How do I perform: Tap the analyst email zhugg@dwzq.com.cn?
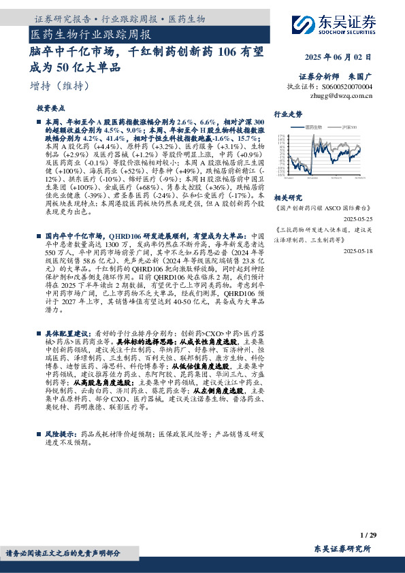click(341, 96)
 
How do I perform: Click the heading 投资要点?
click(50, 108)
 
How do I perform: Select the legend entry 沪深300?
click(349, 127)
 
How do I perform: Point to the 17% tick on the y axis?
click(281, 136)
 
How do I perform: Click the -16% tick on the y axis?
click(280, 175)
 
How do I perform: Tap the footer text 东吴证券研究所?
click(342, 549)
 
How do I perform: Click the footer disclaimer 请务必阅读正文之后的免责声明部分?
click(63, 553)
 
